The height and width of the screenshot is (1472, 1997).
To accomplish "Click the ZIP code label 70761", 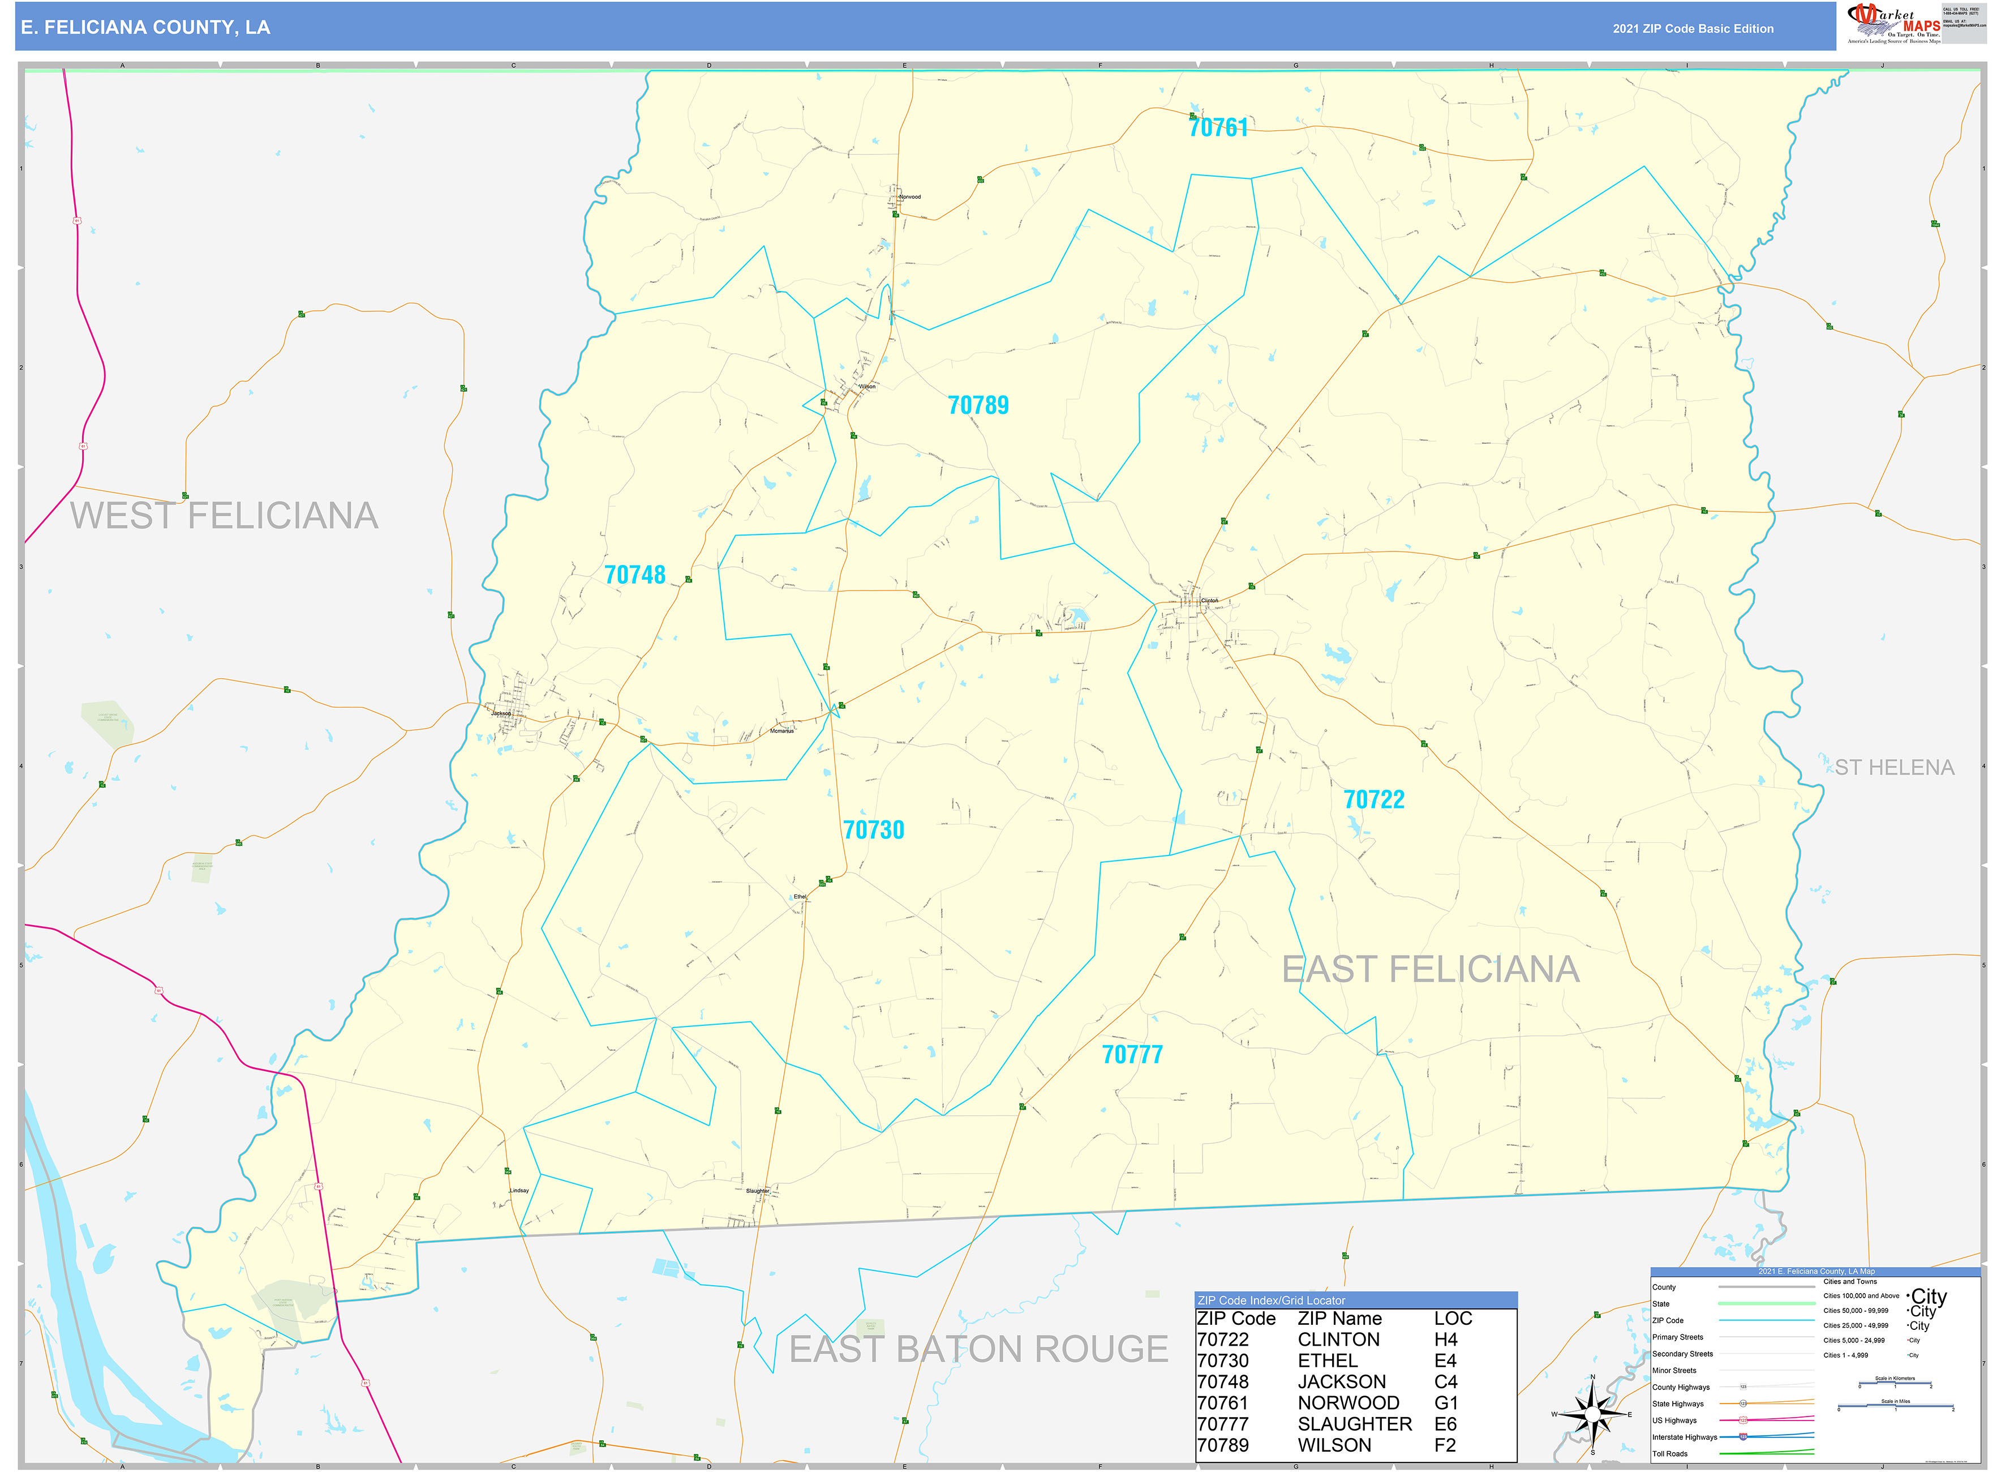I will [1218, 127].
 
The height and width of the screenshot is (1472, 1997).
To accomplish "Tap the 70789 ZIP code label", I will [978, 405].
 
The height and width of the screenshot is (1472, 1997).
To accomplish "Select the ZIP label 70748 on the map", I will [634, 575].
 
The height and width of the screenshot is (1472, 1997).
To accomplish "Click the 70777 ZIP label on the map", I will [1132, 1054].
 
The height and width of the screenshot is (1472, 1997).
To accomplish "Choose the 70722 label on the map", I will [1373, 799].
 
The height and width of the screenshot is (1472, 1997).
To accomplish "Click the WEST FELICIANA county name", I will [225, 516].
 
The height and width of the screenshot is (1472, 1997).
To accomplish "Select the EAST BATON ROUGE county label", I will [978, 1349].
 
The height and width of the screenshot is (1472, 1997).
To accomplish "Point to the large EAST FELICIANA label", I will [1431, 969].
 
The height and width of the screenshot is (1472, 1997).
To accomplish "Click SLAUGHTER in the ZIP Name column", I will [1354, 1424].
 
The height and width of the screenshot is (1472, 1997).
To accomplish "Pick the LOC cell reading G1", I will [1446, 1402].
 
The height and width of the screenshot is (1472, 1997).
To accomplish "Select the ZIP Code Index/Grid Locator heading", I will [1271, 1300].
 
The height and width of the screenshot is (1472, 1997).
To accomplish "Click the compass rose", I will [1592, 1414].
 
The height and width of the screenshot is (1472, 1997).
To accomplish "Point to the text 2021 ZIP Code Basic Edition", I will [1693, 28].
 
